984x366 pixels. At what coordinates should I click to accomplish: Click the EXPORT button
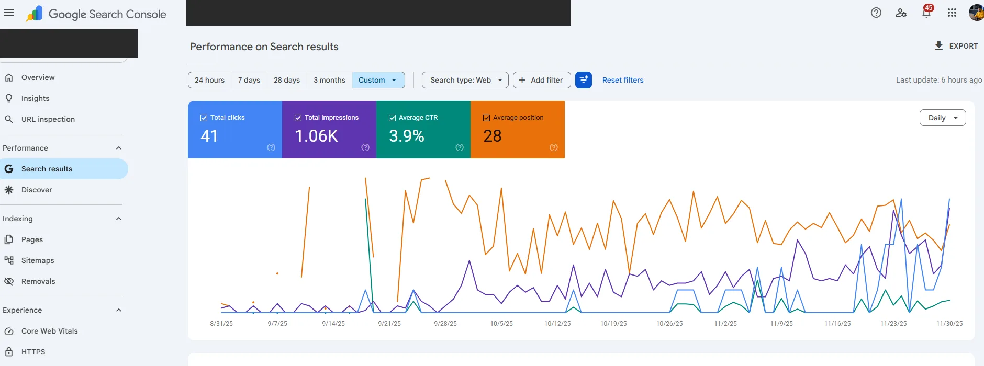956,46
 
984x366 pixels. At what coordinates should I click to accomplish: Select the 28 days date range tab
287,80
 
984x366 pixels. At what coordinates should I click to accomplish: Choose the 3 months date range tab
329,80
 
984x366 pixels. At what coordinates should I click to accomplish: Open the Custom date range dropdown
378,80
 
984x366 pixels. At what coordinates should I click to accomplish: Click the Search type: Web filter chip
465,80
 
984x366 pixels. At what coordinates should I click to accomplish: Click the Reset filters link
623,80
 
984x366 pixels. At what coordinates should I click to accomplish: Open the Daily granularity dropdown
943,118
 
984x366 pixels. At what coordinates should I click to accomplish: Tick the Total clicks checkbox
204,118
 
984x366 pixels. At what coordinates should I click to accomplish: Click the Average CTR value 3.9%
407,136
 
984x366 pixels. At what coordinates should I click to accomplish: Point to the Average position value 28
493,136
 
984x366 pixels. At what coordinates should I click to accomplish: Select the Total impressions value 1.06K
317,136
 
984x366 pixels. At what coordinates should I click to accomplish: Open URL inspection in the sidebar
48,119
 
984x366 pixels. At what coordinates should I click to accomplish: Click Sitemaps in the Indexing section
38,260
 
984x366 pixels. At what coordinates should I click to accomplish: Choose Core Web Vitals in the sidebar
49,331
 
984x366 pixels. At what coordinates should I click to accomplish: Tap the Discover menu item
37,190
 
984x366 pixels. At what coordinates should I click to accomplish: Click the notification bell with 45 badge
926,13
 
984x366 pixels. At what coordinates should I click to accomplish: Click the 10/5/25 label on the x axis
501,324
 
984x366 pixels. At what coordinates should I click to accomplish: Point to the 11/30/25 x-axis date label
949,324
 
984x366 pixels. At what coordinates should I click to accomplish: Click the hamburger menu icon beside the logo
9,13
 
